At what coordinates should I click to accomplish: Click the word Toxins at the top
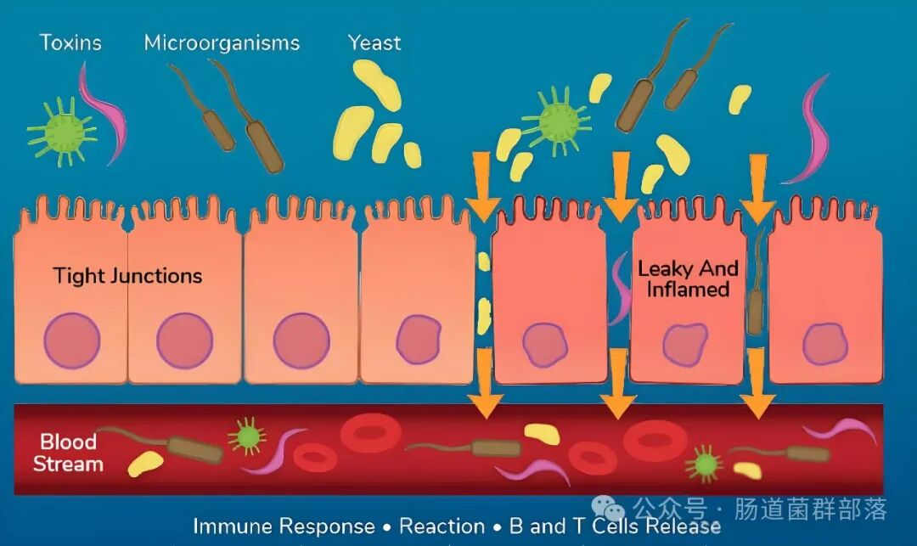pyautogui.click(x=70, y=42)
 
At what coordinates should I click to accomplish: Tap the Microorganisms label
pyautogui.click(x=222, y=42)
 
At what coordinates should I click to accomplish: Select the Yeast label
pyautogui.click(x=374, y=42)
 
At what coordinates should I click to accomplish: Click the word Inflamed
pyautogui.click(x=688, y=290)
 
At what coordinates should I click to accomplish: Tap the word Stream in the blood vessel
pyautogui.click(x=68, y=464)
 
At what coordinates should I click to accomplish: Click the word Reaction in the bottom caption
pyautogui.click(x=442, y=526)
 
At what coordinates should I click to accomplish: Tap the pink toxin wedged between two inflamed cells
pyautogui.click(x=620, y=289)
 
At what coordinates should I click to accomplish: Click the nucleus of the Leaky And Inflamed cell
pyautogui.click(x=685, y=344)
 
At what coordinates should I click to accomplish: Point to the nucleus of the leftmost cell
pyautogui.click(x=72, y=341)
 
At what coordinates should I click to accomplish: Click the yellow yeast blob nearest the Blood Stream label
pyautogui.click(x=145, y=463)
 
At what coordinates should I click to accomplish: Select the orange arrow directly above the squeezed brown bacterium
pyautogui.click(x=758, y=189)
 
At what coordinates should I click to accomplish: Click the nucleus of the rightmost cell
pyautogui.click(x=825, y=344)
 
